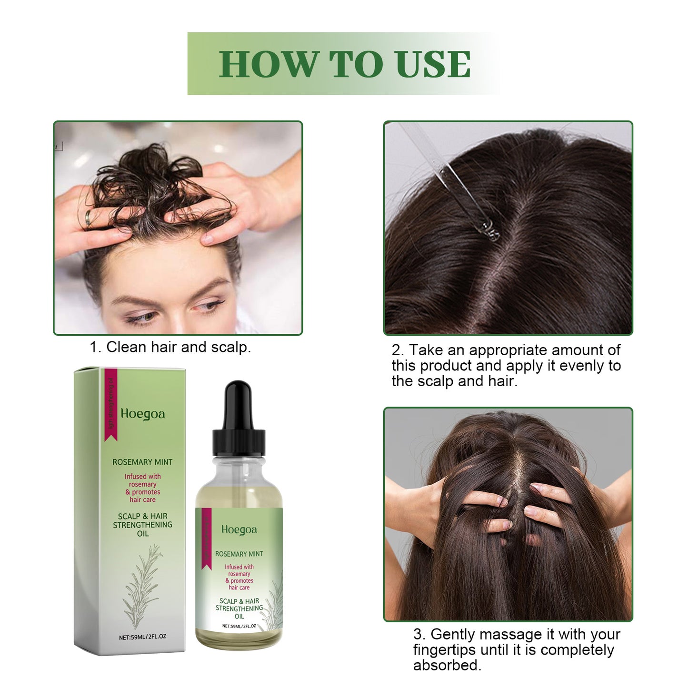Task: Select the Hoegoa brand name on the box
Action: point(142,414)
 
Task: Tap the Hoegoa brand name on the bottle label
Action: point(239,529)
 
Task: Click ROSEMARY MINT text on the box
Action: point(142,462)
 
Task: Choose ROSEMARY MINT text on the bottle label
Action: point(239,554)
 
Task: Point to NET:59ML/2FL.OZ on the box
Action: point(142,637)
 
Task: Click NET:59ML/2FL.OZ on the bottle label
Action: point(239,626)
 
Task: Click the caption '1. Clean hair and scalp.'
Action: point(170,347)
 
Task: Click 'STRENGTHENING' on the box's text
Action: point(142,525)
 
